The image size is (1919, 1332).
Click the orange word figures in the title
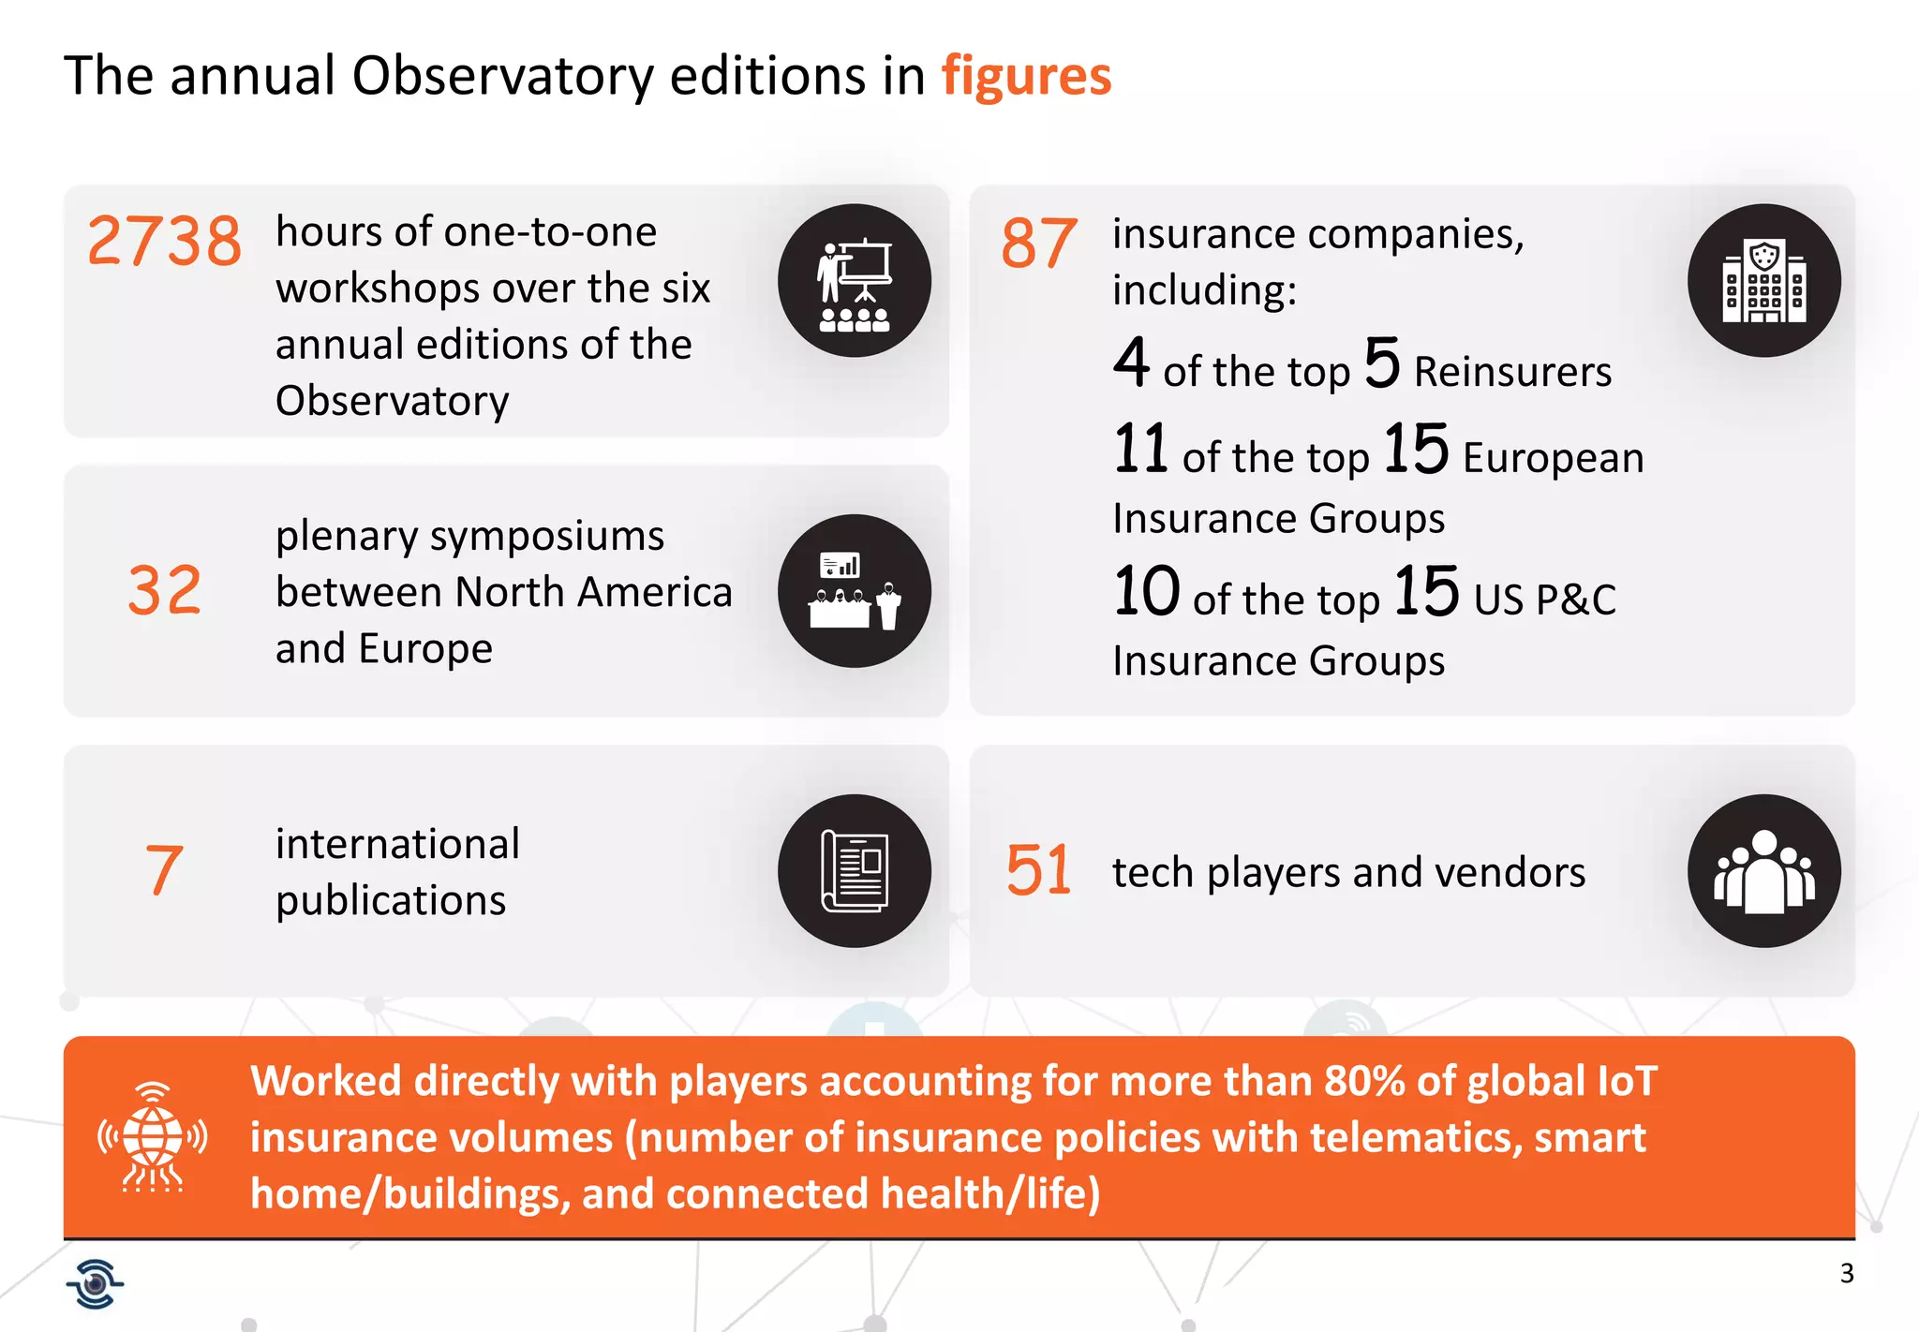coord(1026,76)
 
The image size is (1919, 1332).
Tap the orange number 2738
coord(165,242)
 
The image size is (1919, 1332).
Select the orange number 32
coord(165,591)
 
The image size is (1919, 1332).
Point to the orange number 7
coord(164,870)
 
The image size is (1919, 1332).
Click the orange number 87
coord(1039,244)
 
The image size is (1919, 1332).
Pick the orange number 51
coord(1038,870)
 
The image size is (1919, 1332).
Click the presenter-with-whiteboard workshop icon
coord(854,281)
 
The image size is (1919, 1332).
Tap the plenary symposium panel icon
coord(854,591)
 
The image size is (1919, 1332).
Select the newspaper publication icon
coord(854,871)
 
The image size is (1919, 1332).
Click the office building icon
coord(1763,281)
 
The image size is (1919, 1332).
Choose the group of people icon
coord(1763,871)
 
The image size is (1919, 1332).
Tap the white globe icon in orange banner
coord(153,1137)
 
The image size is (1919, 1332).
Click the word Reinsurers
coord(1512,372)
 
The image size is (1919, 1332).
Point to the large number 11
coord(1140,449)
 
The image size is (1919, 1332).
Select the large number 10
coord(1147,592)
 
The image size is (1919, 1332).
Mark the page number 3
coord(1847,1274)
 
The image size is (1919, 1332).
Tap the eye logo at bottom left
coord(95,1283)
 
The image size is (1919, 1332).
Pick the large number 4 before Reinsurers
coord(1132,363)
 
